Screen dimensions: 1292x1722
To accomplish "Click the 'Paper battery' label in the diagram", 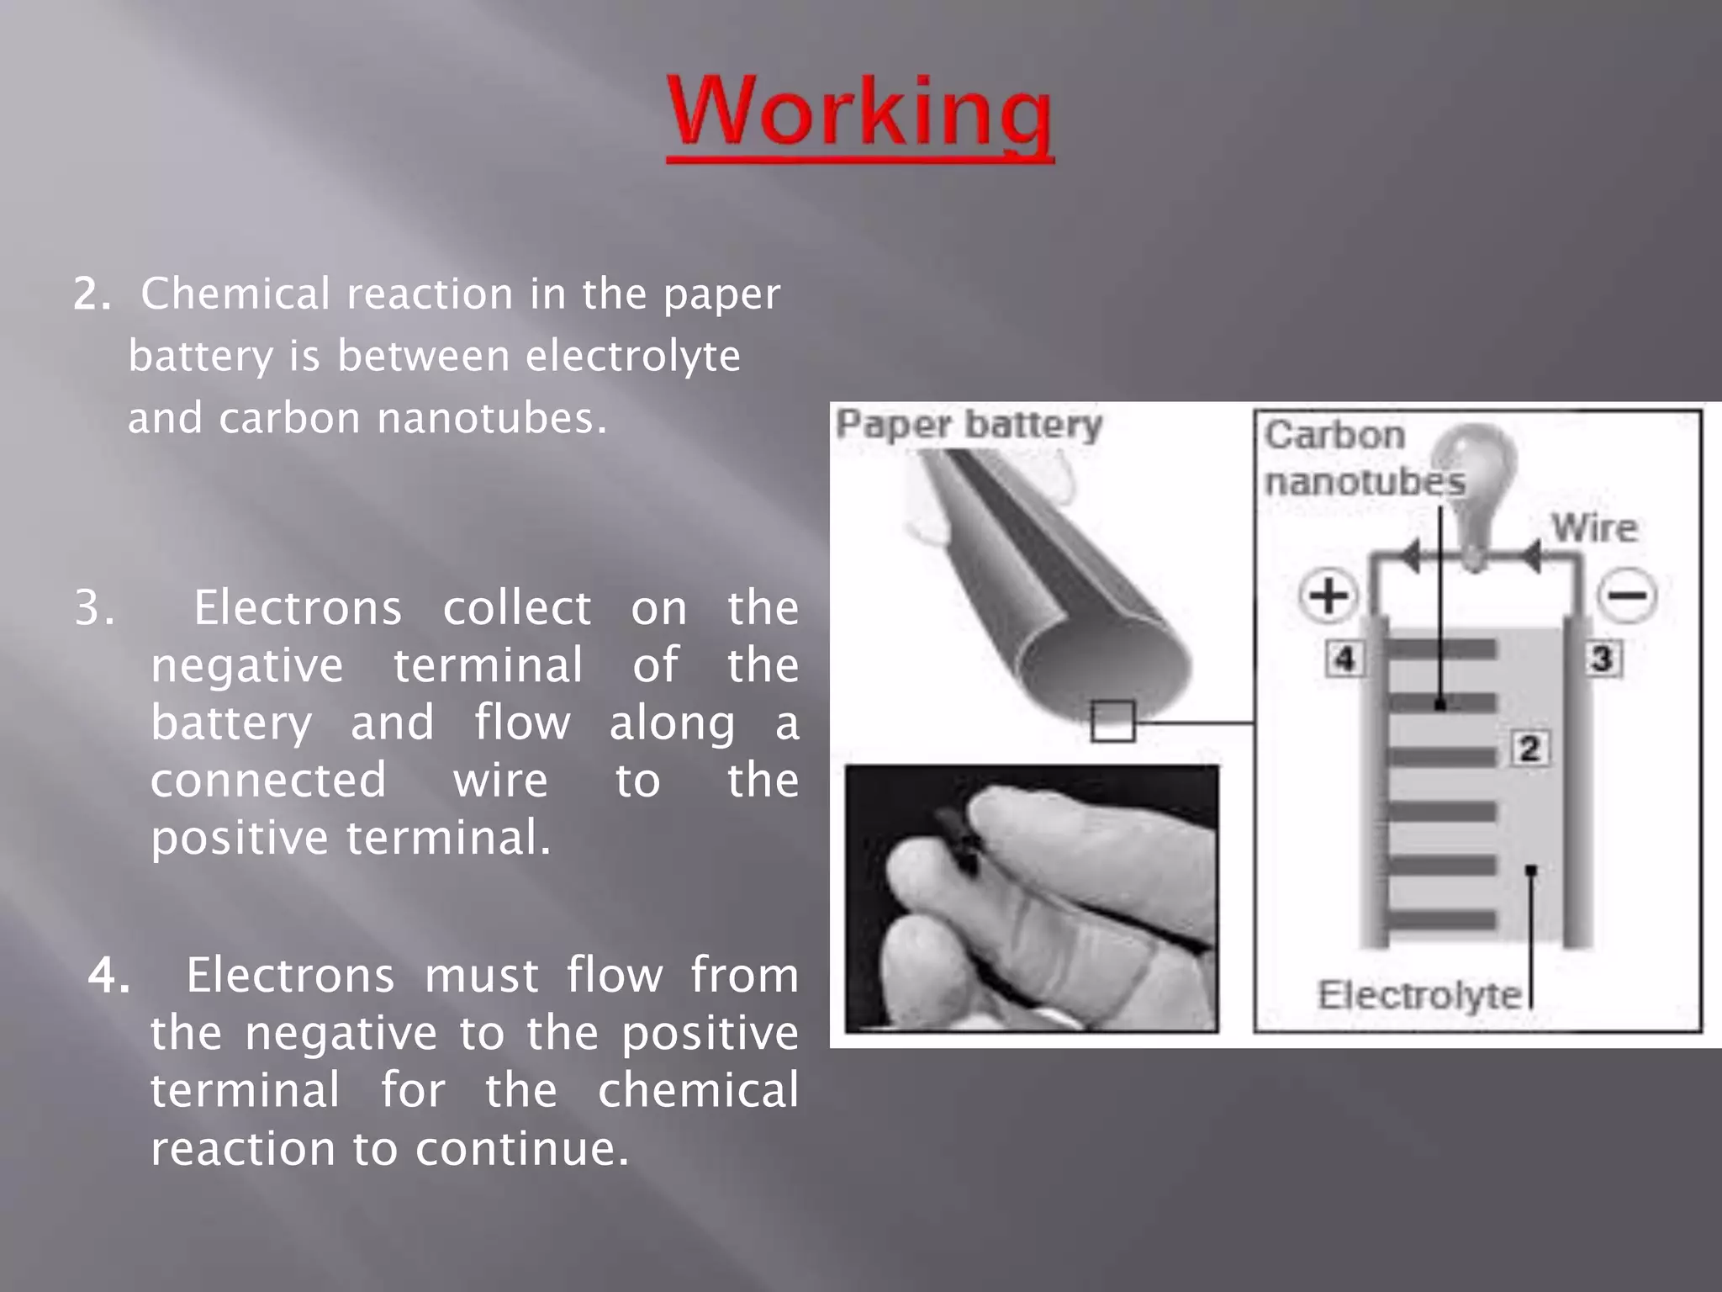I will coord(968,424).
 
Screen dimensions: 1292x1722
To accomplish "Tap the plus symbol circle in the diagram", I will coord(1328,596).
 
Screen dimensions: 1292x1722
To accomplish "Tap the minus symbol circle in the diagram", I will coord(1627,596).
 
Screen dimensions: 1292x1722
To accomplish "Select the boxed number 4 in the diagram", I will coord(1344,659).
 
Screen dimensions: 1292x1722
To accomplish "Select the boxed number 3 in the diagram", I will coord(1603,659).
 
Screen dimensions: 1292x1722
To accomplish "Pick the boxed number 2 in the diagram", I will coord(1529,748).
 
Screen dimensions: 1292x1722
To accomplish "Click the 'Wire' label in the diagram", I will coord(1594,528).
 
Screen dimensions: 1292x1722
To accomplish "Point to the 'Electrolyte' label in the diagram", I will coord(1419,995).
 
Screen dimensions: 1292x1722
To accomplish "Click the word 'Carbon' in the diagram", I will coord(1334,436).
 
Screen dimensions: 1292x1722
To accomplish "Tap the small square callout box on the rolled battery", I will coord(1112,721).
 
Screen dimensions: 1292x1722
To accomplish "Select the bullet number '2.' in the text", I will coord(92,294).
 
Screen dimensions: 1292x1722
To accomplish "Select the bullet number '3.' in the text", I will coord(94,607).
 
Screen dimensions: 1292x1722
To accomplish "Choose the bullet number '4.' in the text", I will coord(109,976).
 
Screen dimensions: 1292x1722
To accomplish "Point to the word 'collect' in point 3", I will coord(516,607).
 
